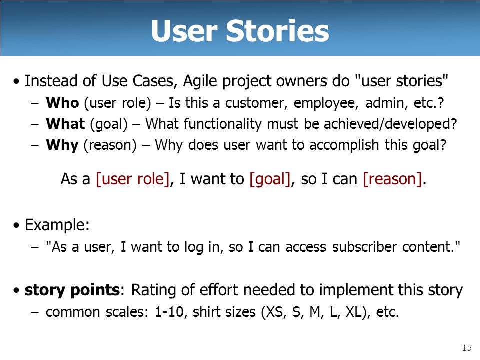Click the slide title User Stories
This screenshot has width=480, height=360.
pos(240,30)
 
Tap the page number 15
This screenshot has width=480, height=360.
pos(467,348)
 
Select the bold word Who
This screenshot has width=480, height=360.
pos(63,103)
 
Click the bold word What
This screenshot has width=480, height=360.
pos(65,124)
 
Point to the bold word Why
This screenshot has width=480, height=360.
pos(62,145)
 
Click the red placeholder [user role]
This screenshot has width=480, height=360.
pos(133,179)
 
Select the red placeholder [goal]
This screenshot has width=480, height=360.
pos(270,179)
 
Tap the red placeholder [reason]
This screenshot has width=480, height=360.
pos(393,179)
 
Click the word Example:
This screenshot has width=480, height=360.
pos(57,225)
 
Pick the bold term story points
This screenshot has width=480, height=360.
pos(72,290)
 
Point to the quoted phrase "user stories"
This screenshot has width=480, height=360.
pos(401,81)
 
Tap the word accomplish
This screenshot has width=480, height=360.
pos(344,145)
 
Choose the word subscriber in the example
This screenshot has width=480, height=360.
pos(364,246)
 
